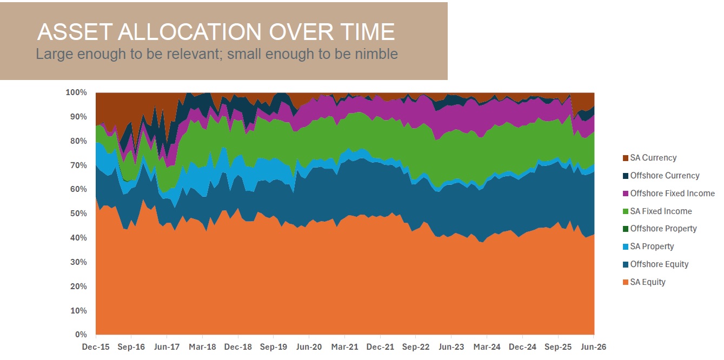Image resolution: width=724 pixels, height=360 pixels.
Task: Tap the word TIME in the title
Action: [368, 32]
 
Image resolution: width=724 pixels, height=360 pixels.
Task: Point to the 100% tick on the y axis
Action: [76, 92]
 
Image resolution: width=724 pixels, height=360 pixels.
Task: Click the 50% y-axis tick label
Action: [78, 214]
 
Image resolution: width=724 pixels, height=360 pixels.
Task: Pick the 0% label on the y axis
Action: [81, 335]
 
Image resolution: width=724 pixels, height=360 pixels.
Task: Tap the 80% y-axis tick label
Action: [78, 141]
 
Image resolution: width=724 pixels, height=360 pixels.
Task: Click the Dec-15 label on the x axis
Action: [96, 347]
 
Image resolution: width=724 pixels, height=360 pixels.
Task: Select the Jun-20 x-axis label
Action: [309, 347]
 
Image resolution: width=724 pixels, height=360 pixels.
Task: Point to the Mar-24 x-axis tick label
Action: [487, 347]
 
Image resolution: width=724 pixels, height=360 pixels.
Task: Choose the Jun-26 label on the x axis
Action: [594, 347]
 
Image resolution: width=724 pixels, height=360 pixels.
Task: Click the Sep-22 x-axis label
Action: [416, 347]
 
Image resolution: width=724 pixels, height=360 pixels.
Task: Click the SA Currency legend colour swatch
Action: [626, 158]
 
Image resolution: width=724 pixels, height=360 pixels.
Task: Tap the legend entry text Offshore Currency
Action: [665, 176]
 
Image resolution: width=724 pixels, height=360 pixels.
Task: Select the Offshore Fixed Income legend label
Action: [673, 194]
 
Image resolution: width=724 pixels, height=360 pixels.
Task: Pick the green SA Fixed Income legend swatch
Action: [626, 211]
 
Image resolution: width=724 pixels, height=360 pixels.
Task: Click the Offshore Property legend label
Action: [663, 229]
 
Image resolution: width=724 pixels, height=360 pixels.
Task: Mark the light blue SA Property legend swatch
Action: [626, 247]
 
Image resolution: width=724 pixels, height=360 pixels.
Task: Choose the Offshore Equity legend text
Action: [659, 264]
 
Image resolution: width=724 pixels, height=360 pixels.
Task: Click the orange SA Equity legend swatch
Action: [626, 283]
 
